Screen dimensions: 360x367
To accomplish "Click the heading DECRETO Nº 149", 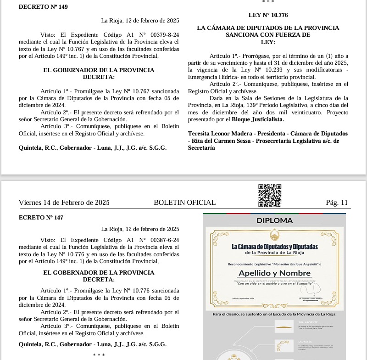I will click(x=43, y=6).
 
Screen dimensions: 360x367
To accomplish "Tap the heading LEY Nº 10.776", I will click(x=268, y=15).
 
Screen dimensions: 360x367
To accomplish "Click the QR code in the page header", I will click(x=270, y=196).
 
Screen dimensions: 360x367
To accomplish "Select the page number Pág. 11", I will click(x=337, y=202).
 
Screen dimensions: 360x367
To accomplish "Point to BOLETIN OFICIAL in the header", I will click(x=184, y=202).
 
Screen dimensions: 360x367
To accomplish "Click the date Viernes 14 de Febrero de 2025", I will click(x=64, y=202).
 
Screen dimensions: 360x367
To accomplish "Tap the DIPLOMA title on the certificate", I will click(x=274, y=220).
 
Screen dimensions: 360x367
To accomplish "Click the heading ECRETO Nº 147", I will click(x=41, y=218).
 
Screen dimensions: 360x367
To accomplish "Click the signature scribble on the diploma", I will click(x=312, y=288).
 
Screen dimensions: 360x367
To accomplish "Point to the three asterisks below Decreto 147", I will click(x=99, y=355).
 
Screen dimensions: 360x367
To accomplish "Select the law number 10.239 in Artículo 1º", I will click(x=252, y=70).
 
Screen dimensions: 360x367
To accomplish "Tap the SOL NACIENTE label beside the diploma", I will click(x=310, y=323).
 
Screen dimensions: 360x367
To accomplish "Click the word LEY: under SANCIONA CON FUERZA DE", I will click(x=268, y=42).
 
